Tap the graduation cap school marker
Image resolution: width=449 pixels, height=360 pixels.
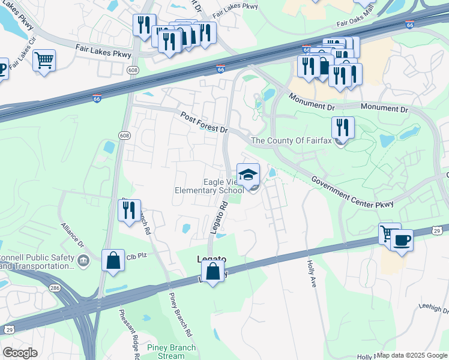pyautogui.click(x=249, y=175)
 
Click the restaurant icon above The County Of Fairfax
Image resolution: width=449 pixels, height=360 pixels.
pyautogui.click(x=343, y=127)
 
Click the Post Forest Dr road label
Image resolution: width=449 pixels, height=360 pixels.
pyautogui.click(x=205, y=122)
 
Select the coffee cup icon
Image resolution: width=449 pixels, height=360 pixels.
pyautogui.click(x=402, y=241)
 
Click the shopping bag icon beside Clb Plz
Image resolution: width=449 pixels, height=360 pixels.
pyautogui.click(x=113, y=261)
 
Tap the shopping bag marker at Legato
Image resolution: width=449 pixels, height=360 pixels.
pyautogui.click(x=213, y=271)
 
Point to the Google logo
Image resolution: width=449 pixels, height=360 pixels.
pyautogui.click(x=20, y=353)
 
